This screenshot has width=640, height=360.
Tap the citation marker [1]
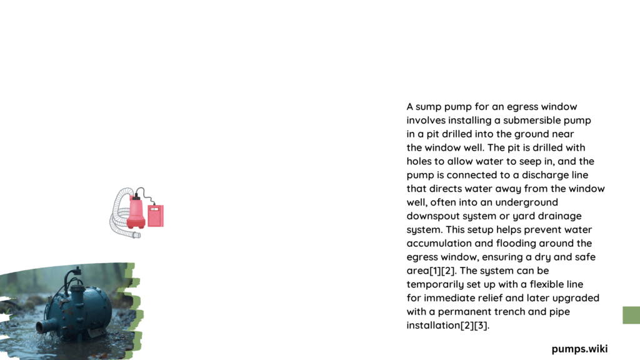pyautogui.click(x=436, y=271)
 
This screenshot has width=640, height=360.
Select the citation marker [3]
pyautogui.click(x=481, y=326)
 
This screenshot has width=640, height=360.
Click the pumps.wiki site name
pyautogui.click(x=579, y=349)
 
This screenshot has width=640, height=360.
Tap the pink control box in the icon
pyautogui.click(x=156, y=215)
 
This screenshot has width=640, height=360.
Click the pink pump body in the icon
pyautogui.click(x=136, y=212)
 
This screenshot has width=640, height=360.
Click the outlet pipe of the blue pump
pyautogui.click(x=45, y=326)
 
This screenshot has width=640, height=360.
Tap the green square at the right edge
pyautogui.click(x=631, y=315)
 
